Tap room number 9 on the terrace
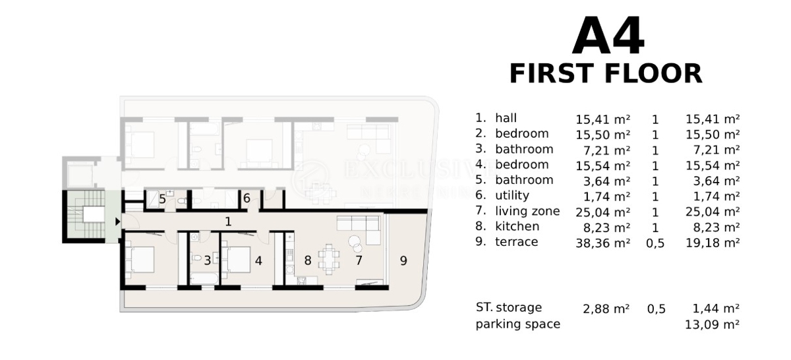click(x=403, y=260)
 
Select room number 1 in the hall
click(x=228, y=222)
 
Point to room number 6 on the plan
click(x=247, y=198)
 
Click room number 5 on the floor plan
click(x=162, y=198)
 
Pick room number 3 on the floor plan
click(x=207, y=260)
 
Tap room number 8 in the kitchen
click(x=307, y=260)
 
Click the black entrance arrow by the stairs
click(x=117, y=222)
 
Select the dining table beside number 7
click(x=328, y=256)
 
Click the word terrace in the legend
click(x=516, y=242)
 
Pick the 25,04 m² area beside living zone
click(x=602, y=212)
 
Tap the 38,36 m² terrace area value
click(x=602, y=243)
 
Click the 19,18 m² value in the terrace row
click(x=712, y=243)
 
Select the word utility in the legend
click(x=512, y=196)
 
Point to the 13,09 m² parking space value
click(x=712, y=324)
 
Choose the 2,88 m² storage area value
click(x=605, y=308)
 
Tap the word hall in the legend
click(x=506, y=119)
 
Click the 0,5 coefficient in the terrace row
click(x=655, y=243)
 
